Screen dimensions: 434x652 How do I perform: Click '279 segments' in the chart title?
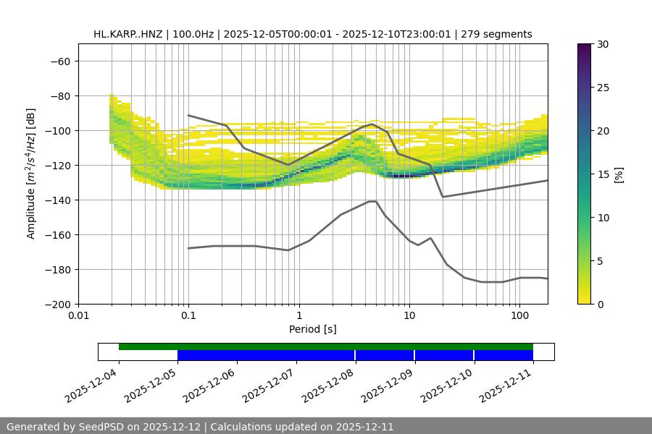(500, 34)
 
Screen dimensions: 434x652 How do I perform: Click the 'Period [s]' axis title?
(313, 330)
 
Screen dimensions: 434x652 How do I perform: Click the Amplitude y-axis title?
(31, 174)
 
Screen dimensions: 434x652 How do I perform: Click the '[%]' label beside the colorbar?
(619, 174)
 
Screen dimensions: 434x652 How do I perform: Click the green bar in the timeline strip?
(326, 346)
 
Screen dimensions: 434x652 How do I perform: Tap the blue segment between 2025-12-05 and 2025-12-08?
(266, 355)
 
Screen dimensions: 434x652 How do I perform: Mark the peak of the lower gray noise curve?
(372, 201)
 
